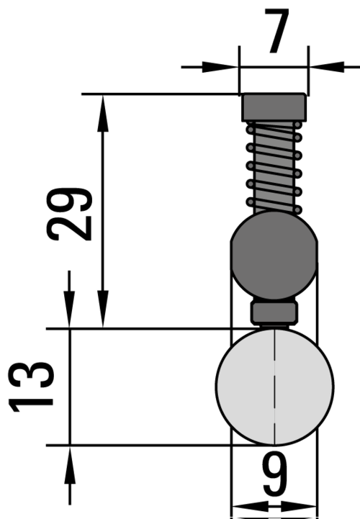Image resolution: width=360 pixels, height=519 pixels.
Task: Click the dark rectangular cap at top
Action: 273,107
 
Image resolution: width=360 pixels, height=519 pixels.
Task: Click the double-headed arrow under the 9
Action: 273,507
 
